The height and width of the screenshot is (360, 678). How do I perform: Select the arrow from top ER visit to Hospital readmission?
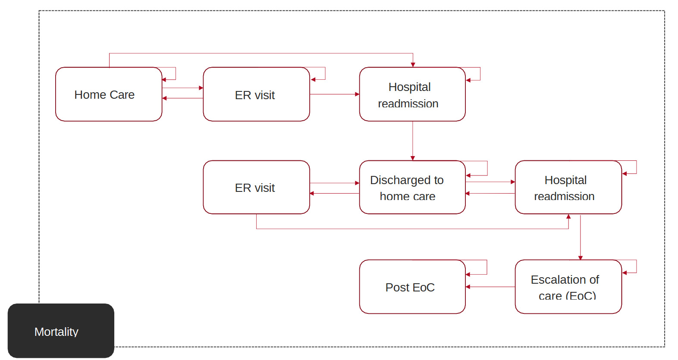click(334, 94)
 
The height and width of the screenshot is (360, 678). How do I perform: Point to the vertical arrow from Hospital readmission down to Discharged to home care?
click(413, 141)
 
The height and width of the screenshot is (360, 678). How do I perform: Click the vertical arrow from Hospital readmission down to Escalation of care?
click(581, 237)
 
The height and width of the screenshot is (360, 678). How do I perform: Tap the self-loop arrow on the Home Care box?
click(176, 74)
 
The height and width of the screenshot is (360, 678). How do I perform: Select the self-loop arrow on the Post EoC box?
click(487, 267)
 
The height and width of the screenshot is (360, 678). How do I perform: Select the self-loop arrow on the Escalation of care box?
click(636, 267)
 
